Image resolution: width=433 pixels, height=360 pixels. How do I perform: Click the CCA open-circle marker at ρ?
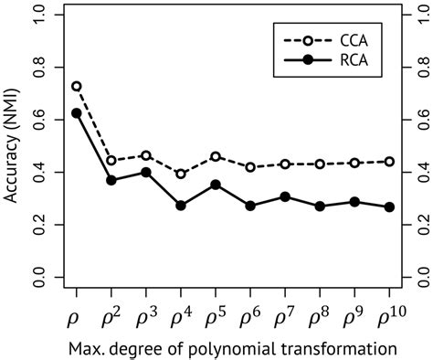[76, 86]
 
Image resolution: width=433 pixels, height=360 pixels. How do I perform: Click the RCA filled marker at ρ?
[76, 113]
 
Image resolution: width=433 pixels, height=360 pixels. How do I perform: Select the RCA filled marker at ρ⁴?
[181, 206]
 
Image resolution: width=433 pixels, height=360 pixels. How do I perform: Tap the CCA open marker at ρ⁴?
[181, 174]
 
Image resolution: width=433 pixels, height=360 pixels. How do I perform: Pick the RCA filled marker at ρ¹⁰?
[390, 207]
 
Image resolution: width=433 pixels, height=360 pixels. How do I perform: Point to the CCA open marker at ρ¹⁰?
[390, 161]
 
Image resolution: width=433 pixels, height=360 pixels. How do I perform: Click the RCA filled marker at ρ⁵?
[216, 185]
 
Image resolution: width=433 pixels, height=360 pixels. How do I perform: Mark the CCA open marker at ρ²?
[111, 161]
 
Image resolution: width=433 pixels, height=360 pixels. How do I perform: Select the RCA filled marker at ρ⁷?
[285, 196]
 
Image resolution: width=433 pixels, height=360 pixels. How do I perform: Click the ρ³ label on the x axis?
[146, 318]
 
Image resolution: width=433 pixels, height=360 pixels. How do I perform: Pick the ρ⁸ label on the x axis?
[321, 318]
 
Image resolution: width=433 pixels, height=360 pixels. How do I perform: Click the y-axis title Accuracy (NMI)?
[12, 146]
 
